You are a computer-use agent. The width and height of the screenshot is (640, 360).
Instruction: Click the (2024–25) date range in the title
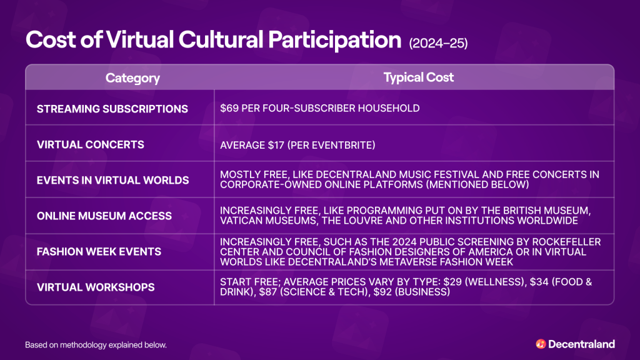(437, 43)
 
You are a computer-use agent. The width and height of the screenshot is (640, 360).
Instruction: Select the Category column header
(132, 78)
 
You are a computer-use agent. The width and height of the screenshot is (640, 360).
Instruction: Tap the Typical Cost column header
(418, 77)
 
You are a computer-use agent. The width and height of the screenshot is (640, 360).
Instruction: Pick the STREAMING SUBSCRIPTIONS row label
(112, 109)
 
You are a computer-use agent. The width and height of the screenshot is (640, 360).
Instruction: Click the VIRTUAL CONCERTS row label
(91, 144)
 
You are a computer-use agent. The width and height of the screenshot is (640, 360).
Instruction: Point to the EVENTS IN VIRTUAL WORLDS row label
(112, 180)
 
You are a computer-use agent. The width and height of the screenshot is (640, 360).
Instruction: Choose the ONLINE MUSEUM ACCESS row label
(104, 216)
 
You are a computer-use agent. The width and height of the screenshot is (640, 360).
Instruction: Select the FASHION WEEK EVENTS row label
(99, 251)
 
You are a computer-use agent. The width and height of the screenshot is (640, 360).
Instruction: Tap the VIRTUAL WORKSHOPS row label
(95, 287)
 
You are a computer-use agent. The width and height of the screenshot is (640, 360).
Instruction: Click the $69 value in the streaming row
(228, 109)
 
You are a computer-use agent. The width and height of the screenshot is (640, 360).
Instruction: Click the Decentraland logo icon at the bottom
(541, 344)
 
